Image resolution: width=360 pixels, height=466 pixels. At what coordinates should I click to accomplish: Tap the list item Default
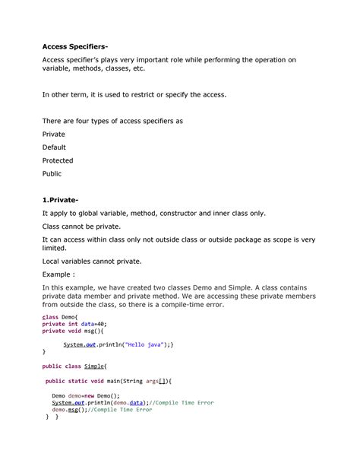coord(55,147)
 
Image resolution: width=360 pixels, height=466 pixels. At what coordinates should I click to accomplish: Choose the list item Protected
coord(58,160)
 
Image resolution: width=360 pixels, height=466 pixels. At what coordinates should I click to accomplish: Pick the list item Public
coord(52,173)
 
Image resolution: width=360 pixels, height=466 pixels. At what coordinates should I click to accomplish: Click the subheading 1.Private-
coord(65,200)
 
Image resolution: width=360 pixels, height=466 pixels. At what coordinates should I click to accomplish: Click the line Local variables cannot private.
coord(91,261)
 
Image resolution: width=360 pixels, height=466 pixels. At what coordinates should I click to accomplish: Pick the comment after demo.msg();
coord(121,410)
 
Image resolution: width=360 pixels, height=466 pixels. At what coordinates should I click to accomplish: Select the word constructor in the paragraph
coord(191,214)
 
